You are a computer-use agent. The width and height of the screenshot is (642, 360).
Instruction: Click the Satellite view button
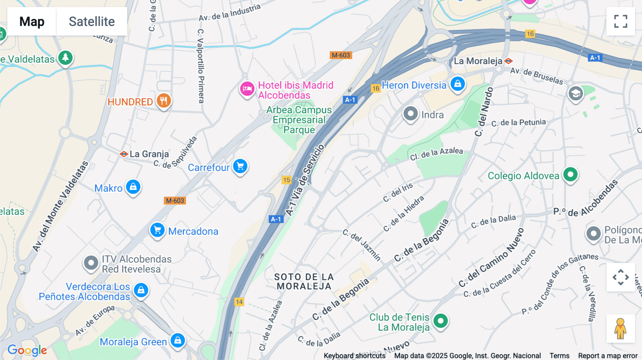tap(92, 21)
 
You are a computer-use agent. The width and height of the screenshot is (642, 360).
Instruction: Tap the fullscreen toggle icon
tap(621, 21)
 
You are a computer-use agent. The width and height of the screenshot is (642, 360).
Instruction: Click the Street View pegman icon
tap(620, 328)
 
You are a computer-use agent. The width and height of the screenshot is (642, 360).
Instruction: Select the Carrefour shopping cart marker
tap(240, 166)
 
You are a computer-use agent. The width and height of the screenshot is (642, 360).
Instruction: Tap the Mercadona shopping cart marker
tap(157, 230)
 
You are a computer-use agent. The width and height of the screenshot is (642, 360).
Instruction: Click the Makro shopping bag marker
tap(133, 187)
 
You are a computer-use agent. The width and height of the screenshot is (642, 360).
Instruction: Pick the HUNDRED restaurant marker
tap(164, 101)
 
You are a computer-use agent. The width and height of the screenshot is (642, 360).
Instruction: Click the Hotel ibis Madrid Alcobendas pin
tap(247, 89)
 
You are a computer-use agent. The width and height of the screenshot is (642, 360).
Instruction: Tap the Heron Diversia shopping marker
tap(458, 84)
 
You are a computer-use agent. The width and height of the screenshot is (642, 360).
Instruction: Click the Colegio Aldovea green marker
tap(570, 175)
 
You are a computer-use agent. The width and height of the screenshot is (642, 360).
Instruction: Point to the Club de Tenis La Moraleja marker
tap(441, 321)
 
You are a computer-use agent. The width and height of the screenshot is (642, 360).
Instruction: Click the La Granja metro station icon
tap(124, 154)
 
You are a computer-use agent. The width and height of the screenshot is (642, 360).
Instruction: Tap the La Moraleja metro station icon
tap(508, 61)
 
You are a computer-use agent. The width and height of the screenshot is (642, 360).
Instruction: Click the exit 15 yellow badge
tap(287, 180)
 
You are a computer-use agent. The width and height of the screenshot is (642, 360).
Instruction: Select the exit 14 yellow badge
tap(239, 302)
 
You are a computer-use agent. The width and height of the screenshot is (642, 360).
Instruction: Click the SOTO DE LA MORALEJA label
tap(304, 282)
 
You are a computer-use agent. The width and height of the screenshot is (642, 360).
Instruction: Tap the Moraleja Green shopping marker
tap(178, 340)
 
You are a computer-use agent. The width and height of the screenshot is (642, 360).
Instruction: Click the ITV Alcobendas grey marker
tap(91, 263)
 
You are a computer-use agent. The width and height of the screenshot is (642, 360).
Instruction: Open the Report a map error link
tap(607, 355)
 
